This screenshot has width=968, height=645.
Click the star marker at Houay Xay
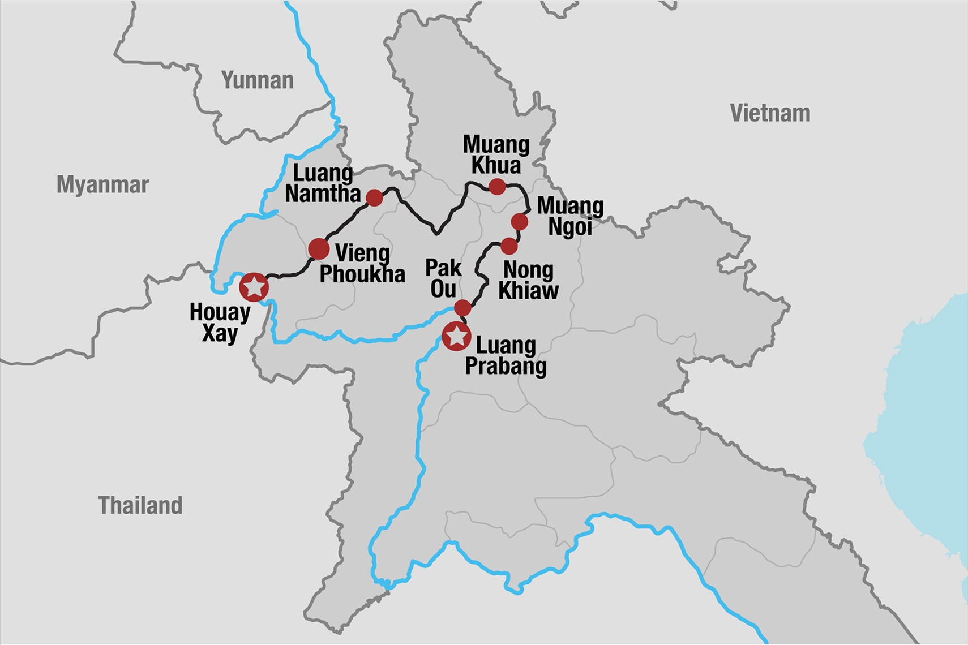click(x=254, y=287)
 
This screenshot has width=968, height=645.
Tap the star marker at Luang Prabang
click(x=456, y=337)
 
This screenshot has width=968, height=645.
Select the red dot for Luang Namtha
click(x=374, y=197)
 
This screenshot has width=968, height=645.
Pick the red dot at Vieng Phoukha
click(x=319, y=248)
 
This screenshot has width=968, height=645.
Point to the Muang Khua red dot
click(x=497, y=186)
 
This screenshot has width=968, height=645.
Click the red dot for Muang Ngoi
click(x=520, y=222)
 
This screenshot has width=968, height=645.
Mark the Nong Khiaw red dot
click(x=509, y=246)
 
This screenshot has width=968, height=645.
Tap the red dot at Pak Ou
click(x=462, y=308)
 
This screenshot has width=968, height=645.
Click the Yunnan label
click(x=258, y=80)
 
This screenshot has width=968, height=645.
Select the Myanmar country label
click(x=102, y=184)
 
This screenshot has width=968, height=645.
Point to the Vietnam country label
click(x=770, y=113)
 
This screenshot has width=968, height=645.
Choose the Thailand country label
click(x=140, y=505)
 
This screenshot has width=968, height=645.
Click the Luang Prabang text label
click(x=506, y=355)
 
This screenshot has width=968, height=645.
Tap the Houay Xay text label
click(x=220, y=322)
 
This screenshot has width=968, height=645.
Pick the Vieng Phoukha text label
click(x=362, y=264)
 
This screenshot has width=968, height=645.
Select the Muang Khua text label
click(x=496, y=155)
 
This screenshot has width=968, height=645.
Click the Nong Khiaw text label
click(x=528, y=280)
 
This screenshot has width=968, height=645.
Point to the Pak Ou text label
click(x=443, y=278)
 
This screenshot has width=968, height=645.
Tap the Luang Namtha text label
click(x=323, y=183)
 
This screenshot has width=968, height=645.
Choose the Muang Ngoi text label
click(x=570, y=216)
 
